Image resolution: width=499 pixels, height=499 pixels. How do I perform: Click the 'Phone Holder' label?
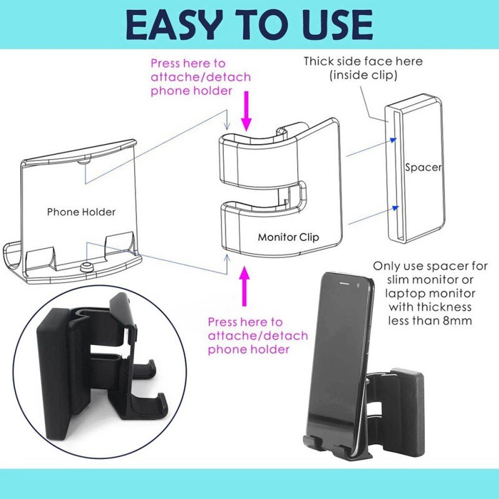pos(81,212)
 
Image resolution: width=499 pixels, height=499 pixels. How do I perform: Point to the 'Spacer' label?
pos(424,167)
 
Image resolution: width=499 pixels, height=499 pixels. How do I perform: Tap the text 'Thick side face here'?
pos(363,61)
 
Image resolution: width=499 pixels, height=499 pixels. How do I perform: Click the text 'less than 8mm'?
pos(431,321)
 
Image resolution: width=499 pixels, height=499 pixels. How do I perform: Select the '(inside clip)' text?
pos(363,75)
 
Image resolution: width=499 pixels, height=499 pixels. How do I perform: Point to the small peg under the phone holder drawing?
pos(88,267)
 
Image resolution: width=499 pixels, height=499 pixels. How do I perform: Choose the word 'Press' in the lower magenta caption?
pos(223,322)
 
